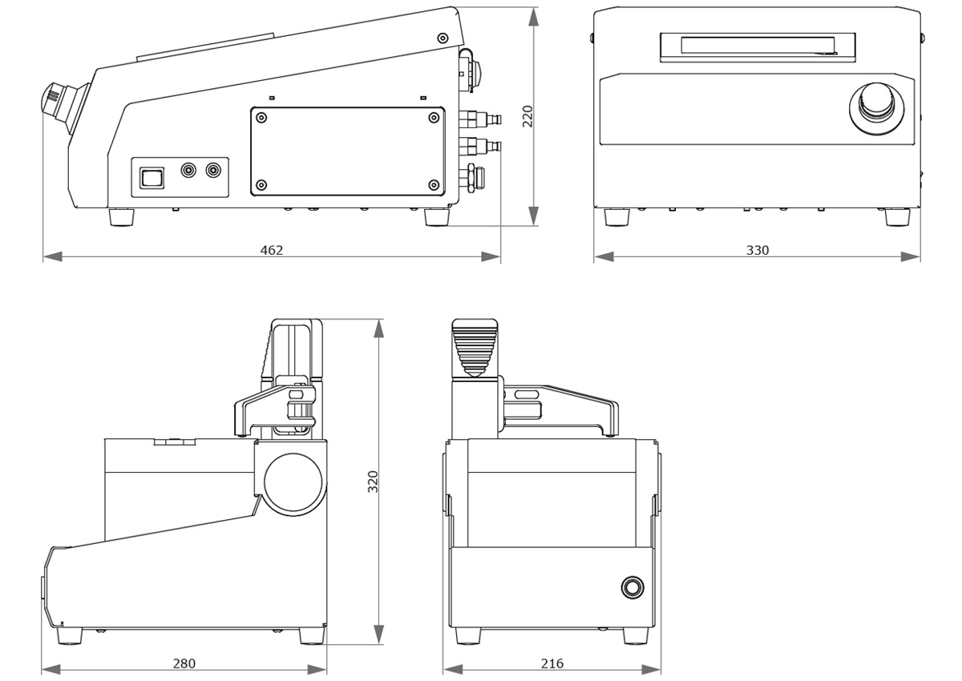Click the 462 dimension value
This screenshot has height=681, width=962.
pos(272,250)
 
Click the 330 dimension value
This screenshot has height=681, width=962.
pos(757,250)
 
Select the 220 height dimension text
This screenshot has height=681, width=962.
pos(527,117)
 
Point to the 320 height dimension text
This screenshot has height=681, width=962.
pos(372,482)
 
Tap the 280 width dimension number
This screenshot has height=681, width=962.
pos(184,663)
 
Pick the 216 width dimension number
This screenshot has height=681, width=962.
pos(552,663)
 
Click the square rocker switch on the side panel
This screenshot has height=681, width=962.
pos(152,177)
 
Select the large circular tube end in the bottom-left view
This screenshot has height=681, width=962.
pos(293,483)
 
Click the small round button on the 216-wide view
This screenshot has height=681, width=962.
pos(632,587)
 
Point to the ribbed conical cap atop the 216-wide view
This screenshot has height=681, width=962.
pos(475,348)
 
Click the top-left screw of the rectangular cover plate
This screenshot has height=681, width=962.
pos(261,118)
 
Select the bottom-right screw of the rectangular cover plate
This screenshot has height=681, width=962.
pos(434,185)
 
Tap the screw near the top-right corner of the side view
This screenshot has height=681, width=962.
pos(443,38)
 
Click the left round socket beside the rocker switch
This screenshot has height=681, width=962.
pos(190,171)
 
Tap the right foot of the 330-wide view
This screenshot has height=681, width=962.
pos(896,216)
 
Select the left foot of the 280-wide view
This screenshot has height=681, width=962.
pos(69,635)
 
